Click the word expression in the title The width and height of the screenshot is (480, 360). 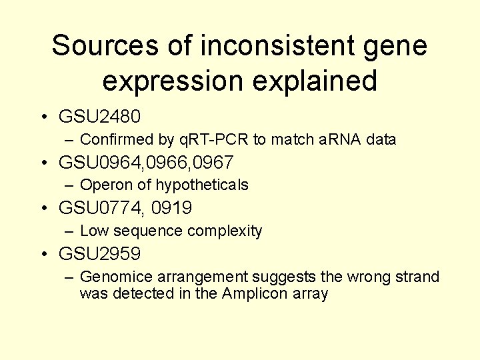(x=173, y=81)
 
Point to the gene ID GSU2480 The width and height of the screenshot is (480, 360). (x=100, y=117)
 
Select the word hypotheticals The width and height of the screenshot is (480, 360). (x=202, y=185)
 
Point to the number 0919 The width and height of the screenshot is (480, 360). (x=171, y=208)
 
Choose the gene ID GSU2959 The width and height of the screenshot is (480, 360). (x=100, y=253)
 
